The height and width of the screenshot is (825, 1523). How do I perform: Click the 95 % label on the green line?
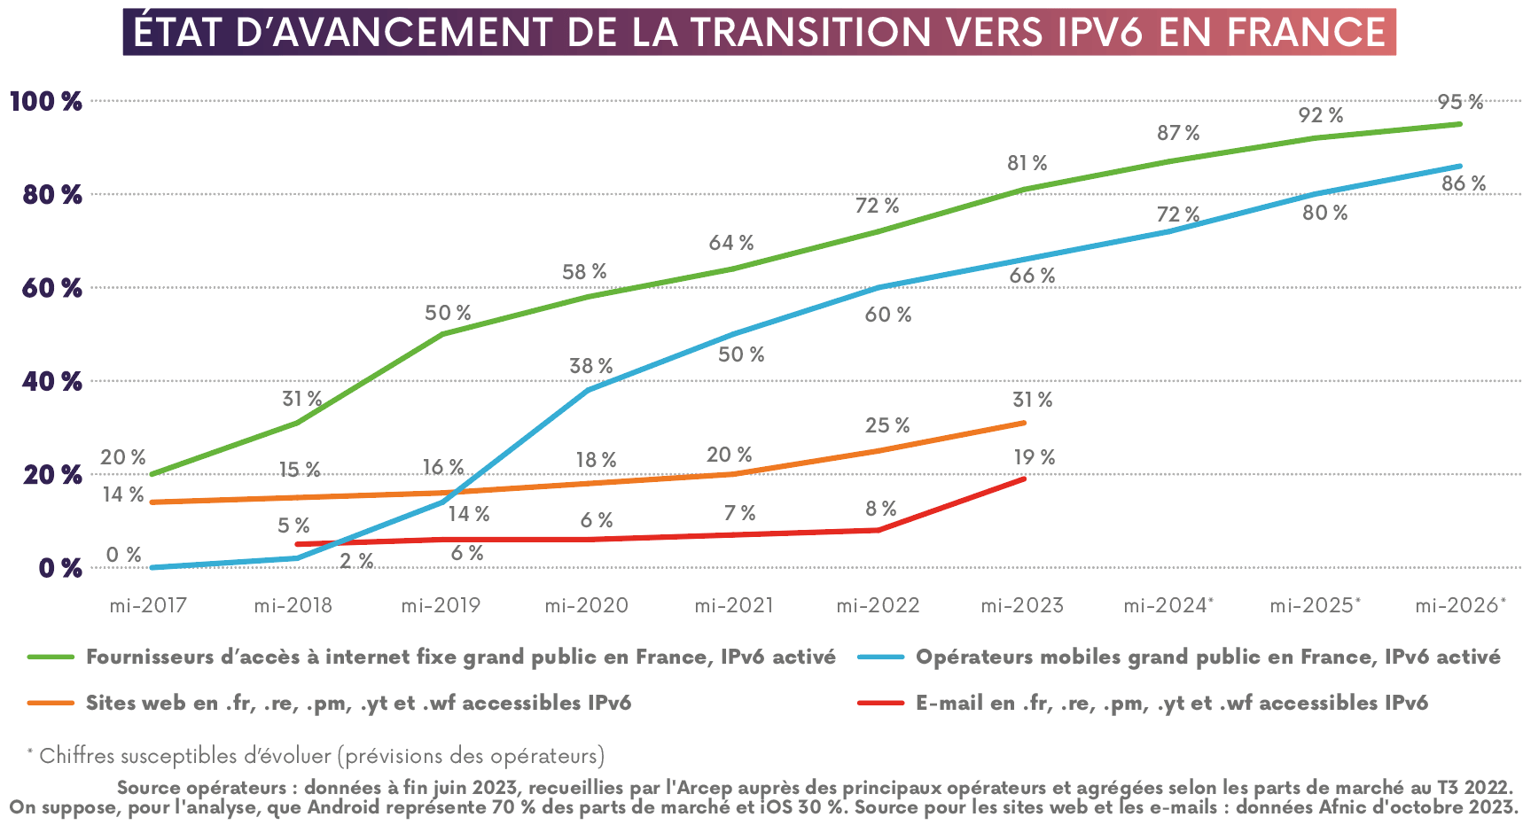point(1460,102)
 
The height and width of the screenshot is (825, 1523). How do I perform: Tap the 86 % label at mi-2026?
point(1464,183)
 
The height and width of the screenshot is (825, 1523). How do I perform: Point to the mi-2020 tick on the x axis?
point(586,605)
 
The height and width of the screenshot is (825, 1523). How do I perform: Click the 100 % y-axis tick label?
point(46,101)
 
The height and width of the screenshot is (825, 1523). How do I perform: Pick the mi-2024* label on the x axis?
point(1168,605)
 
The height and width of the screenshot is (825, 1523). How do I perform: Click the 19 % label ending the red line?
point(1034,457)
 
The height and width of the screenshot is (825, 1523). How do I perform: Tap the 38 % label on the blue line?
point(590,366)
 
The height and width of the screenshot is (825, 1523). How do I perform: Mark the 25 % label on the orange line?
point(887,425)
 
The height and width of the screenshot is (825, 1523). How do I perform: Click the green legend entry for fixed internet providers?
point(460,657)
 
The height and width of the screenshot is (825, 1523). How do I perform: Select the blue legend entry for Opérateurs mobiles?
point(1207,657)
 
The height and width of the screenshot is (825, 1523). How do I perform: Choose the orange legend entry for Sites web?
point(358,703)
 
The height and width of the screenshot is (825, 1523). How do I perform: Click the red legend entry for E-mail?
point(1171,703)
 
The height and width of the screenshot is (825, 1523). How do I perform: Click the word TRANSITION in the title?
point(811,32)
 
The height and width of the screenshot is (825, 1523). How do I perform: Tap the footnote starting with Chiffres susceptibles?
point(321,756)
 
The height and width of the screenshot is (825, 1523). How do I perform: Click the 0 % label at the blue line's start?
point(123,555)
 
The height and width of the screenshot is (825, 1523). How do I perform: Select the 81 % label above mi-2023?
point(1027,163)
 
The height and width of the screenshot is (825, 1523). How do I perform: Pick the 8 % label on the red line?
point(880,509)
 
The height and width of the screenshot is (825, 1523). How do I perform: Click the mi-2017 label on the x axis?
point(148,605)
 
